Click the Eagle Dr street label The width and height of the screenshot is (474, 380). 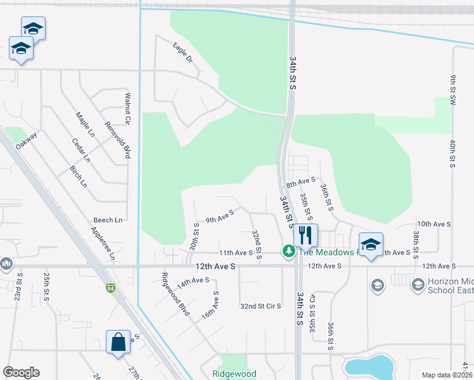182,53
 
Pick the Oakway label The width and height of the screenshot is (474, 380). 27,140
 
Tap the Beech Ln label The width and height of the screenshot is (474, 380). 108,220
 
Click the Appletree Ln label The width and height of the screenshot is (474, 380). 103,243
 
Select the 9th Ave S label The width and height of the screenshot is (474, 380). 219,217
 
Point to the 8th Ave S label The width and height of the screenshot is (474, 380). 300,182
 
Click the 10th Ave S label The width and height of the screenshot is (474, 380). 433,224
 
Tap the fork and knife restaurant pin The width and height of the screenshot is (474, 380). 306,235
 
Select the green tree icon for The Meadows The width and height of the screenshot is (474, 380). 289,252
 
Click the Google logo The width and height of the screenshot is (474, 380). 22,372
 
